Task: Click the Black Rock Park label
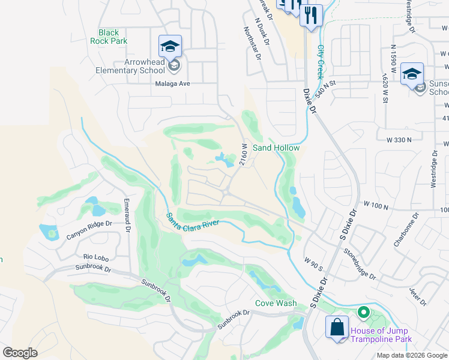pos(109,37)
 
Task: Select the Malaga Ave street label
pos(173,84)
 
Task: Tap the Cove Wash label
pos(276,304)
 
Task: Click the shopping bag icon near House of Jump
pos(337,328)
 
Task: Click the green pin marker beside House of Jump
pos(363,313)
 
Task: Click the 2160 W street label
pos(244,154)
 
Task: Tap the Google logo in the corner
pos(20,353)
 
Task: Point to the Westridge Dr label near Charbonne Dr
pos(435,167)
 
